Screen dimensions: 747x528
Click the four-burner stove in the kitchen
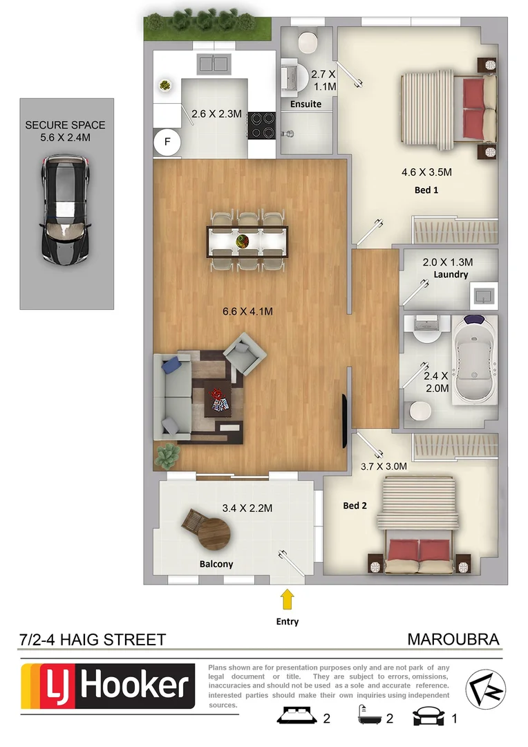(x=262, y=125)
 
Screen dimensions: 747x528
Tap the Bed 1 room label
(x=426, y=190)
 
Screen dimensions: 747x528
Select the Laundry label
(x=451, y=275)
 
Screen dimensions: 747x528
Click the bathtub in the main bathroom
(x=473, y=367)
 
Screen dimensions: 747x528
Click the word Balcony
(x=216, y=564)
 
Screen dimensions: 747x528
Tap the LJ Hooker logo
(x=108, y=685)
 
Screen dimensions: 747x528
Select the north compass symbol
(x=485, y=688)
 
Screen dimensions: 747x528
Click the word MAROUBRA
(x=453, y=639)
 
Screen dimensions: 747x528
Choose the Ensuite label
(x=305, y=104)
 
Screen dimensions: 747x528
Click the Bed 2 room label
(x=355, y=506)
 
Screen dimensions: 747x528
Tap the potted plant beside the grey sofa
(x=168, y=454)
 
